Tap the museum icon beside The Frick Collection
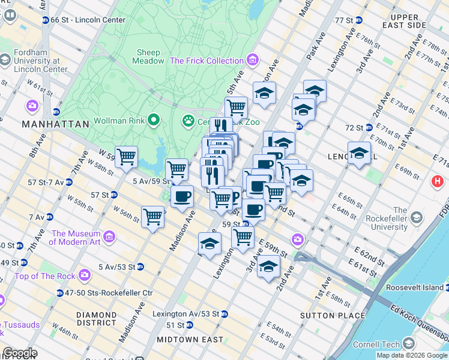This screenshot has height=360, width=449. pos(252,61)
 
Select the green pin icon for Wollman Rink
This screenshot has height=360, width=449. pos(153,120)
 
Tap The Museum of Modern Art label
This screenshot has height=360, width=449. pos(75,238)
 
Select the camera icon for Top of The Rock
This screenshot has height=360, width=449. pos(85,275)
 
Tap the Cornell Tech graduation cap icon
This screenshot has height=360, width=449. pos(409,343)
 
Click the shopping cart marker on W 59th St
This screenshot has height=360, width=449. pos(126,157)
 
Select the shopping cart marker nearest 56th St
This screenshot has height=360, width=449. pos(153,216)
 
